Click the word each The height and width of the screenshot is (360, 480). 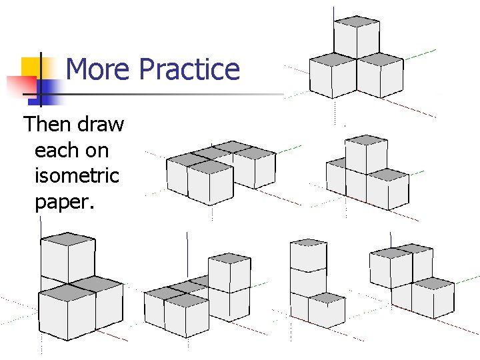click(56, 151)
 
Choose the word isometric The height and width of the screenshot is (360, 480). click(77, 176)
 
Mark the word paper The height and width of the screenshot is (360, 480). click(65, 202)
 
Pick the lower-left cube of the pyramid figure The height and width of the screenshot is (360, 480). click(333, 75)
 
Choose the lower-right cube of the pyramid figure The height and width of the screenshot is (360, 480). click(381, 75)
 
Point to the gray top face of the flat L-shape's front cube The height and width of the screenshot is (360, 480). click(209, 165)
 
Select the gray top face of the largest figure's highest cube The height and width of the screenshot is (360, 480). click(67, 239)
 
